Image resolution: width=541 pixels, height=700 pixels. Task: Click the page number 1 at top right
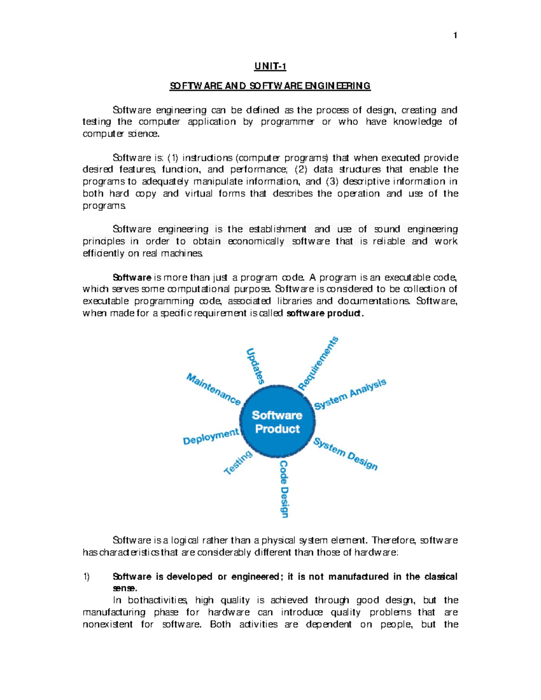(455, 36)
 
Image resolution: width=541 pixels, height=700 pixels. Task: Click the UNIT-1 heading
(270, 67)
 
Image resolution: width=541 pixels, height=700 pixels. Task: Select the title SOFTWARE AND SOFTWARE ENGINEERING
(270, 86)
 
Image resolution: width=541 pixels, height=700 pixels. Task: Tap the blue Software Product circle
(277, 422)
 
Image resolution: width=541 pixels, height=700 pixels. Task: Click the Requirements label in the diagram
(318, 363)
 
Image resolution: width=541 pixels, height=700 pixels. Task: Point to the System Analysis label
(350, 394)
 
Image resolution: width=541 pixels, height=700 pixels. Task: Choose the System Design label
(346, 454)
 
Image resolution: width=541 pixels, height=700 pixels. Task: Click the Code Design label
(284, 489)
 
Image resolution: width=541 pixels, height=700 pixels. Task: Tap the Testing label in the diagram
(238, 462)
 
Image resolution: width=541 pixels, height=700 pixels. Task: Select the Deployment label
(211, 436)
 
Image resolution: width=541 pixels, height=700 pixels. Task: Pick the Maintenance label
(214, 389)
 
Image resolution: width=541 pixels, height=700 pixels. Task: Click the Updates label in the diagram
(255, 366)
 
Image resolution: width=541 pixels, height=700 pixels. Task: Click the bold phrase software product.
(325, 313)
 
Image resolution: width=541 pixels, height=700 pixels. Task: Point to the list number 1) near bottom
(87, 576)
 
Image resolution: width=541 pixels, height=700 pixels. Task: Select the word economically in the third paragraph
(256, 241)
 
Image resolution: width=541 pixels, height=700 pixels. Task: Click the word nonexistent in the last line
(108, 624)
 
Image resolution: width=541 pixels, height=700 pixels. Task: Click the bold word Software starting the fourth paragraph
(132, 277)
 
